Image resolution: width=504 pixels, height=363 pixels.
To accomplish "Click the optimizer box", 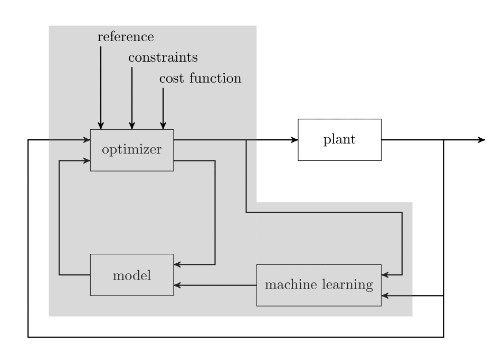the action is [132, 150].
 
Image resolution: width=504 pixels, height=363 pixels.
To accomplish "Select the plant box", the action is [340, 140].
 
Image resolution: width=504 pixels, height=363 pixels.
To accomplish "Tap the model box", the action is [132, 275].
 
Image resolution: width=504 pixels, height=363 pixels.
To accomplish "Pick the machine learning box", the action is [319, 285].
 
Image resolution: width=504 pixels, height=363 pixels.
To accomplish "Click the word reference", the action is [126, 37].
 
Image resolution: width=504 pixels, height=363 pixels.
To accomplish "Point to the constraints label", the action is [163, 58].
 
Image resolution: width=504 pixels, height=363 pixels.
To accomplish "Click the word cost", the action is [172, 79].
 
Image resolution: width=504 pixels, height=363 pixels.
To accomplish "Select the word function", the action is [215, 78].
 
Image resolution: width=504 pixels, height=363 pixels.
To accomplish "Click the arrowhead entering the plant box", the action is [294, 140].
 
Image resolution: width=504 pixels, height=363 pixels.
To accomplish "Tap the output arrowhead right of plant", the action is [481, 140].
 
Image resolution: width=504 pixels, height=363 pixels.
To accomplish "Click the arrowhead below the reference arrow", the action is [101, 126].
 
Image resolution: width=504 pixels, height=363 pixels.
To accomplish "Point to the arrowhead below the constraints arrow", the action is [132, 126].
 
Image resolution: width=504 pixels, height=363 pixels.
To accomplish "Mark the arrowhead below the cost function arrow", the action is [163, 126].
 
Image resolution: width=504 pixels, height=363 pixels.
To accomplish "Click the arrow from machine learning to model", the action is [215, 285].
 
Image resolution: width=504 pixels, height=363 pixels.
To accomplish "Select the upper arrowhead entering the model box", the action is [177, 264].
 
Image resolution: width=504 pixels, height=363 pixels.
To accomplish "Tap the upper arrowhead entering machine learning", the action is [385, 275].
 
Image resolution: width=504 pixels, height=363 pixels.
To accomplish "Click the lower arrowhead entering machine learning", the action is [385, 295].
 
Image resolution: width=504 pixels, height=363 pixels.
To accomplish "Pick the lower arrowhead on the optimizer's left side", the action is [87, 160].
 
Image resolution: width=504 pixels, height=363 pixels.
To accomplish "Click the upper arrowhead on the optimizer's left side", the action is [87, 140].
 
